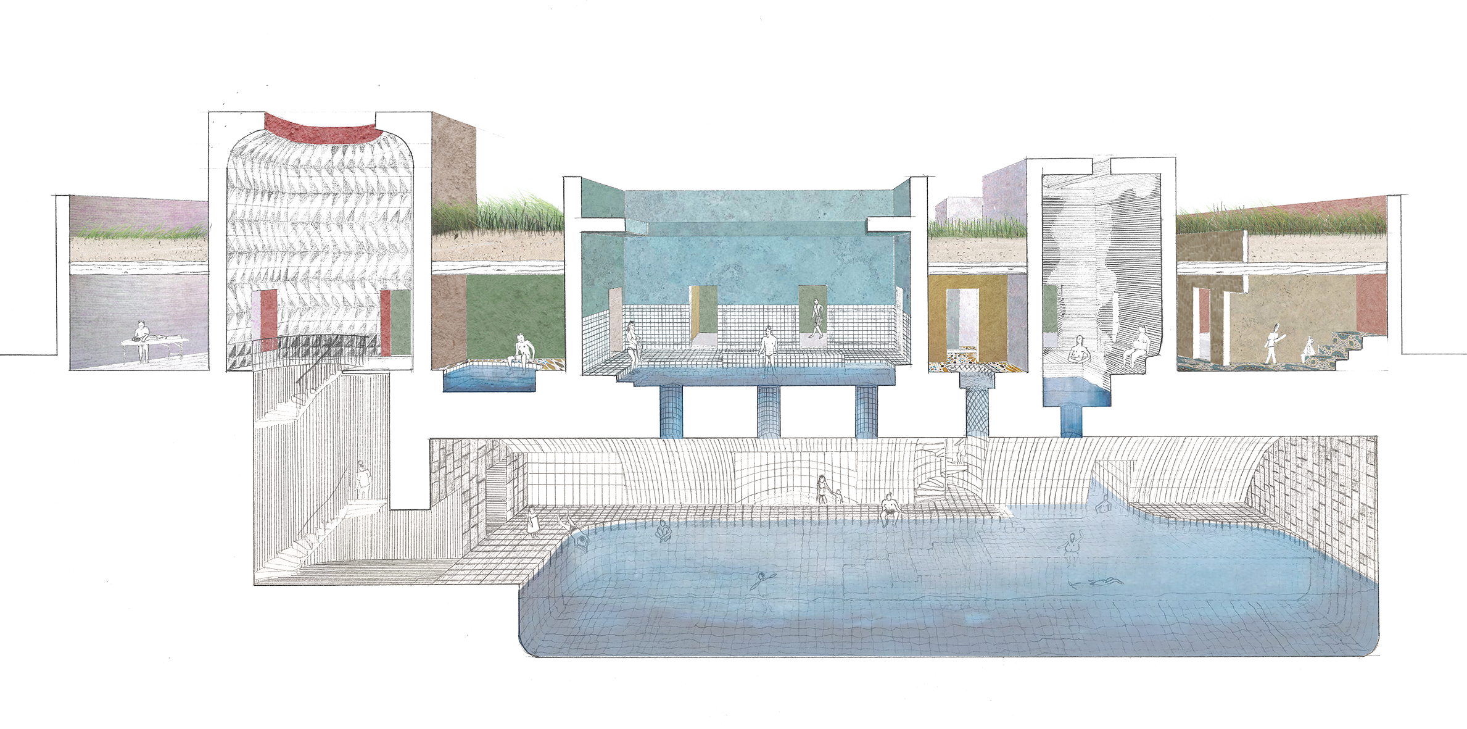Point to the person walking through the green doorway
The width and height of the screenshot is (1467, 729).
(x=816, y=317)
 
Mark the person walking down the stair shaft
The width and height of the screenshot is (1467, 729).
(x=363, y=480)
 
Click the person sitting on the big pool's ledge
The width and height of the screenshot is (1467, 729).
(x=889, y=510)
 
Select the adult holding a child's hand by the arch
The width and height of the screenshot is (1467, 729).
(x=822, y=489)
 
